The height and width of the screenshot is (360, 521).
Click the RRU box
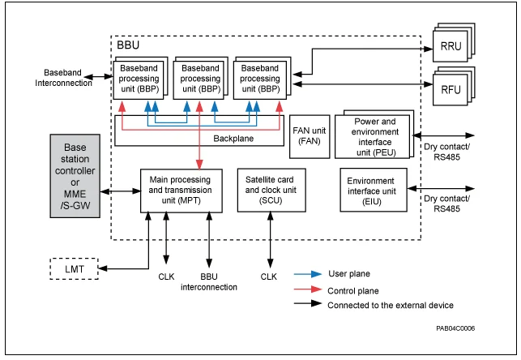point(451,46)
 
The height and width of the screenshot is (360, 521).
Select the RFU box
point(451,90)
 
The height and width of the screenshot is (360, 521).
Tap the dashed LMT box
point(74,268)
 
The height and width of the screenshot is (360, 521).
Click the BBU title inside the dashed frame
point(128,47)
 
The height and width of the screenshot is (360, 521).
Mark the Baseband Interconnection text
point(63,78)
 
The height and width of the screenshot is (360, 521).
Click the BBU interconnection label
point(209,282)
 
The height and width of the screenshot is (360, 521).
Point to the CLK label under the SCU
point(268,276)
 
